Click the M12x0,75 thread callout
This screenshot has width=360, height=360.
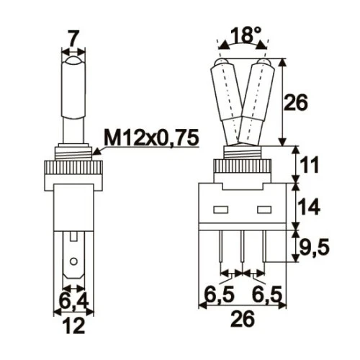(x=150, y=137)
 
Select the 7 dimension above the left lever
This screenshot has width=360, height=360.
(x=73, y=36)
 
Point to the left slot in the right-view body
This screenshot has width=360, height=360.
(x=220, y=212)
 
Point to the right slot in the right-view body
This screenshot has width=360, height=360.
(x=265, y=212)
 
